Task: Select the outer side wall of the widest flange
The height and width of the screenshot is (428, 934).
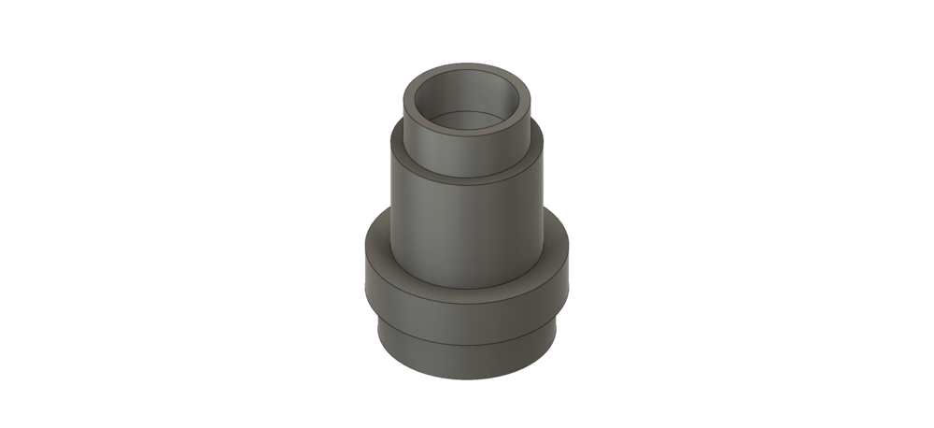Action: coord(467,308)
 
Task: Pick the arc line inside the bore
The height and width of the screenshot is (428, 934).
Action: coord(467,115)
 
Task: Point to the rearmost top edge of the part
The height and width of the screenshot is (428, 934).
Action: coord(467,67)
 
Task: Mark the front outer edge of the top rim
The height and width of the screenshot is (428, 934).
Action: coord(467,135)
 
